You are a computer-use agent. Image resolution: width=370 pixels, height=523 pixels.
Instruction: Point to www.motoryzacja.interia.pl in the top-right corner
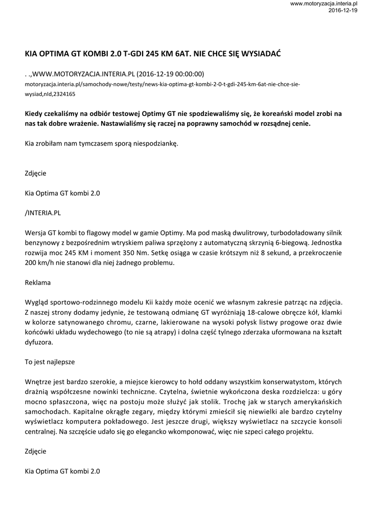point(323,4)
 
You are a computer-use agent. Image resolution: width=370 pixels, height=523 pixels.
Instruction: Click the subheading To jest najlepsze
point(50,361)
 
